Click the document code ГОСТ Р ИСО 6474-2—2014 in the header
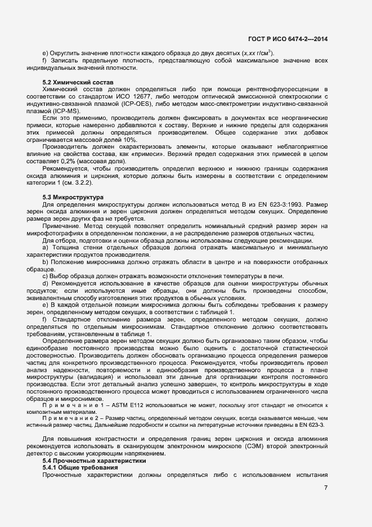click(288, 39)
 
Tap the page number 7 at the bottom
click(326, 487)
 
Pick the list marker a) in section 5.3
click(45, 247)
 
